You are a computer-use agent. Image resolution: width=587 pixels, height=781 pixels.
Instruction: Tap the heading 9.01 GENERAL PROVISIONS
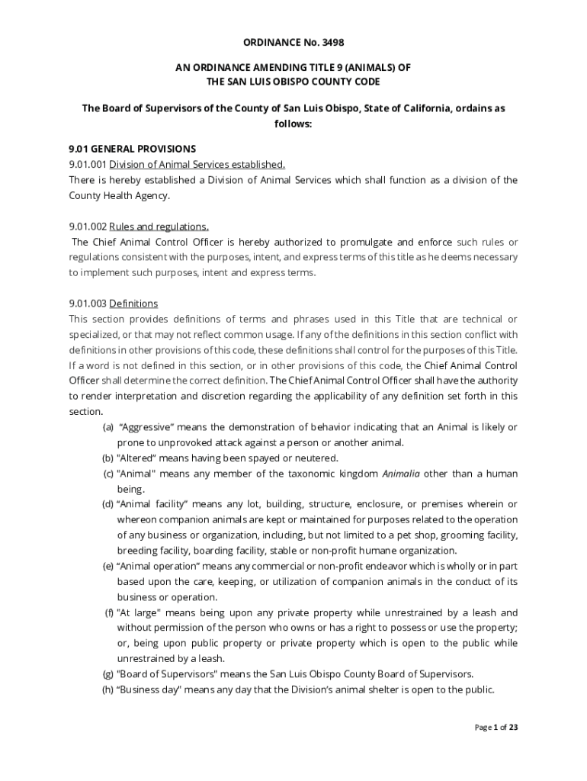pos(133,149)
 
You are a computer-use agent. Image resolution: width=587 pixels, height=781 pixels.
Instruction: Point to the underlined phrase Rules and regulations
pos(159,227)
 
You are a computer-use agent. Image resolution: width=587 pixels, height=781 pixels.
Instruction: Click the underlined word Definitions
pos(133,304)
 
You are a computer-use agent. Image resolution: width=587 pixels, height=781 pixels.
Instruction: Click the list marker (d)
pos(108,504)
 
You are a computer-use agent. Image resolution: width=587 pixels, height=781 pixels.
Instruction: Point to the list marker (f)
pos(110,612)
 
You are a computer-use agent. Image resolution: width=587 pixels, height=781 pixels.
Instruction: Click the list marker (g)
pos(108,674)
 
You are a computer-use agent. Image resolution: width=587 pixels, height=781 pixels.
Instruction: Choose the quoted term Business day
pos(152,689)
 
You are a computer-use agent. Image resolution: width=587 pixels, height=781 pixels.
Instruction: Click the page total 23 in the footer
pos(513,728)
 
